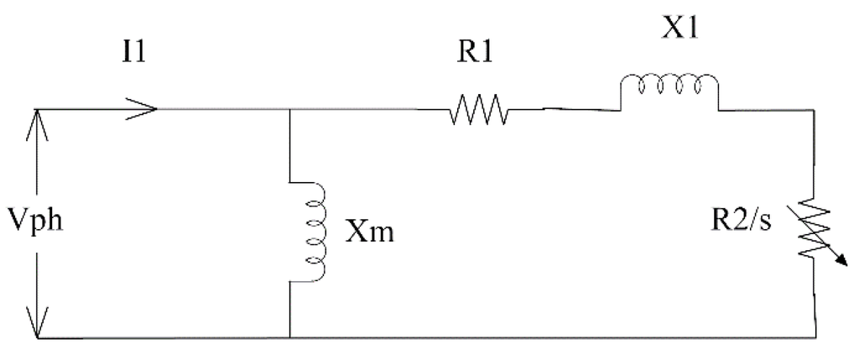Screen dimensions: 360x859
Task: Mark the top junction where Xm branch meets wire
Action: point(289,110)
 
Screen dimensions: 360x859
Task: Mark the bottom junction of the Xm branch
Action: point(289,339)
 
